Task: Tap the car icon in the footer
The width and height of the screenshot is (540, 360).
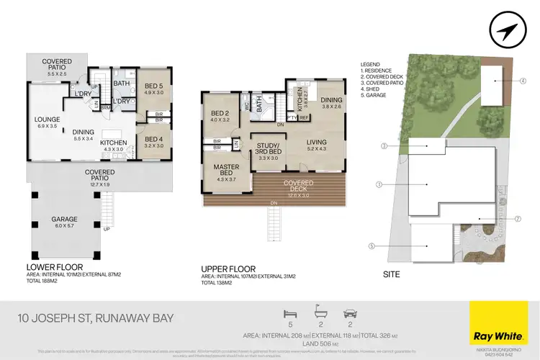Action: pyautogui.click(x=349, y=314)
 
